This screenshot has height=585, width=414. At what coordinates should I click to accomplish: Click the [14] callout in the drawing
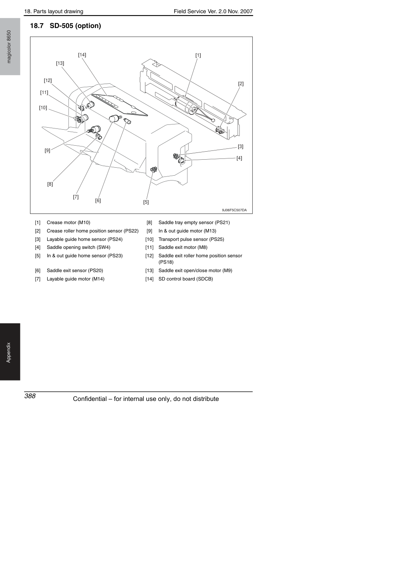[x=82, y=55]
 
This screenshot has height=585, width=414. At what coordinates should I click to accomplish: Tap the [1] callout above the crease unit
[x=198, y=55]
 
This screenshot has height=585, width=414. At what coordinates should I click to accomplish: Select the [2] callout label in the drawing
[x=241, y=84]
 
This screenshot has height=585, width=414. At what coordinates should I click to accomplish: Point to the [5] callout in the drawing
[x=146, y=202]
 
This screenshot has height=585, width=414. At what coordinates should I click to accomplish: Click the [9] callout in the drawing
[x=47, y=151]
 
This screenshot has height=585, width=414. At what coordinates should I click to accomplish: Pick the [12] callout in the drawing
[x=48, y=80]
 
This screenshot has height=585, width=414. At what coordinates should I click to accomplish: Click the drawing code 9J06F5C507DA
[x=234, y=210]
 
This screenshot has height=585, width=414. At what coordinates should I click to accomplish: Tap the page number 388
[x=30, y=396]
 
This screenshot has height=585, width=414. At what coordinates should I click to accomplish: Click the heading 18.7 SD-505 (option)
[x=66, y=26]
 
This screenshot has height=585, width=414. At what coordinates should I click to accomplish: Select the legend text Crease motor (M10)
[x=68, y=222]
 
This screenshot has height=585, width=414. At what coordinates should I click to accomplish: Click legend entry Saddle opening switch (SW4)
[x=78, y=247]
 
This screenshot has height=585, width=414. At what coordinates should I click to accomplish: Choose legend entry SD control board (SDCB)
[x=185, y=279]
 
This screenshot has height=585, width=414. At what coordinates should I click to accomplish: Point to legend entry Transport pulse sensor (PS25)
[x=191, y=239]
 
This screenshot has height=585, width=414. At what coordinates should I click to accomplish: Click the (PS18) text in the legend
[x=166, y=262]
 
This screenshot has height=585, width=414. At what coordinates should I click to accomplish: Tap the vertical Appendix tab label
[x=9, y=353]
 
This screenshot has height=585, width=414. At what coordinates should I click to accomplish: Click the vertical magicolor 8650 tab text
[x=9, y=47]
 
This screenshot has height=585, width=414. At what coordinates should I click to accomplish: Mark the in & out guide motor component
[x=96, y=129]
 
